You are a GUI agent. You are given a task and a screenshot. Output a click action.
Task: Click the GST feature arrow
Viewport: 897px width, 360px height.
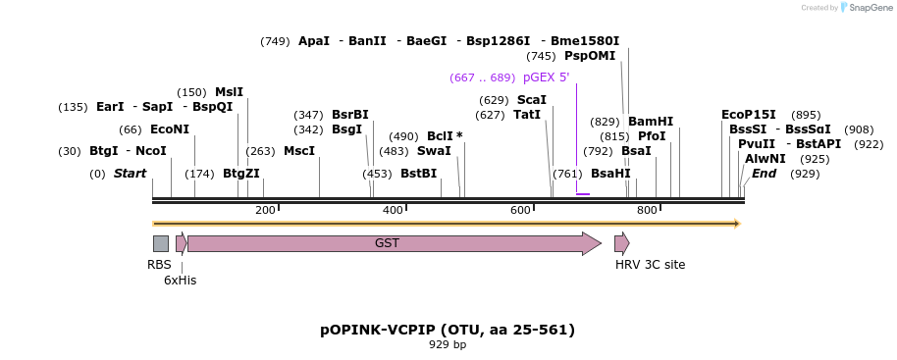click(x=393, y=243)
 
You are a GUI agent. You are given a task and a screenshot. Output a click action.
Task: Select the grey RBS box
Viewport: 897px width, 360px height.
click(x=160, y=243)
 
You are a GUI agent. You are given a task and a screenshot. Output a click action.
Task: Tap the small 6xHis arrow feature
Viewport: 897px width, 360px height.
click(x=182, y=243)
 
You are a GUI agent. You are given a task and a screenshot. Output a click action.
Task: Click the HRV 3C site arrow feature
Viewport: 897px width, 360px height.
click(x=621, y=243)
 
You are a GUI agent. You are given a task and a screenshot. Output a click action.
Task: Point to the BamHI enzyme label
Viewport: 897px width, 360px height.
click(x=651, y=122)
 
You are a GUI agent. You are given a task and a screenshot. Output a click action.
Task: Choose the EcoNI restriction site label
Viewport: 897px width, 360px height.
click(x=170, y=129)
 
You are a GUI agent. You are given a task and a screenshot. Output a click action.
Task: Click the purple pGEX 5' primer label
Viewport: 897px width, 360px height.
click(x=546, y=77)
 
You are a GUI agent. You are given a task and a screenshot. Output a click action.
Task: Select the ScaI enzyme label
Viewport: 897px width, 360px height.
click(x=532, y=100)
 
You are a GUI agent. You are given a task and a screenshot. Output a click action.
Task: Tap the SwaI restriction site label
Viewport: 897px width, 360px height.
click(x=434, y=151)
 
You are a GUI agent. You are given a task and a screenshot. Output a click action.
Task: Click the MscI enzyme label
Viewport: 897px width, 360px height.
click(x=299, y=151)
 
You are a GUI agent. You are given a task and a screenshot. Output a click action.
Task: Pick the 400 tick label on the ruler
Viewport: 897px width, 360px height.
click(x=393, y=211)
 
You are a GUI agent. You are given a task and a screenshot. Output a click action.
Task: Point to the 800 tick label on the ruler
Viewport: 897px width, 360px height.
click(x=647, y=211)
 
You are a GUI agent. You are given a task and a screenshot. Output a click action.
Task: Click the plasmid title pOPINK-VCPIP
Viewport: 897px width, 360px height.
click(x=448, y=330)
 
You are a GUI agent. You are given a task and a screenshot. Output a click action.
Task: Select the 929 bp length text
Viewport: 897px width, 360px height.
click(x=448, y=344)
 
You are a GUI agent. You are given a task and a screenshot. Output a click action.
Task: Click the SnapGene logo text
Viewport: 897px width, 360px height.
click(x=864, y=8)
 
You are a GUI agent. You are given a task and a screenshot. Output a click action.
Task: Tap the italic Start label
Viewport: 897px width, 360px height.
click(x=130, y=174)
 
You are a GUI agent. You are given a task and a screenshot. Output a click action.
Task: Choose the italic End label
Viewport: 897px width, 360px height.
click(x=764, y=174)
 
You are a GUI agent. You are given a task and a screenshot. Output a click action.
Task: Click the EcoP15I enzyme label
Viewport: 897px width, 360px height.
click(x=749, y=115)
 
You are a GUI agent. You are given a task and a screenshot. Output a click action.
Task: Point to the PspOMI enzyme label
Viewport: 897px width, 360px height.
click(x=590, y=56)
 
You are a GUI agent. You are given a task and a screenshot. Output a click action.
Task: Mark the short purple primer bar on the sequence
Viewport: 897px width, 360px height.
click(x=583, y=194)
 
